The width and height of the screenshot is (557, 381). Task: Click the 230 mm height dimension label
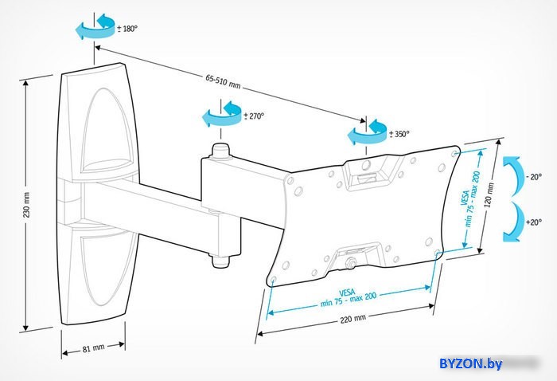(x=27, y=205)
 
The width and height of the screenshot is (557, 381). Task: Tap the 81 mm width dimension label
(x=93, y=348)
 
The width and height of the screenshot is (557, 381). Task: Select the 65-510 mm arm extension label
(x=223, y=81)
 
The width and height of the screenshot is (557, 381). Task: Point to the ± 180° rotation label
(x=127, y=29)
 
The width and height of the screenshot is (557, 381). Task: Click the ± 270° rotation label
(x=254, y=116)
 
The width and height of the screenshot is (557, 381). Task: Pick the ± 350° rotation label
(x=399, y=134)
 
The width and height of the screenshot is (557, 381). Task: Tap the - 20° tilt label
(x=534, y=177)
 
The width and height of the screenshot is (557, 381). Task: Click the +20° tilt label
(x=534, y=222)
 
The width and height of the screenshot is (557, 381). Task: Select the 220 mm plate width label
(x=353, y=319)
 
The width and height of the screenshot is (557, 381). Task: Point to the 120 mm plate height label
(x=489, y=195)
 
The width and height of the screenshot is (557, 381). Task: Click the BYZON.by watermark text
(x=471, y=364)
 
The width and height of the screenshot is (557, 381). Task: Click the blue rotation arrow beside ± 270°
(x=222, y=114)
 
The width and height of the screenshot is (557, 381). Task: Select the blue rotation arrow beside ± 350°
(x=367, y=132)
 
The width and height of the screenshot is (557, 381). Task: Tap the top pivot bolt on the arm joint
(x=220, y=151)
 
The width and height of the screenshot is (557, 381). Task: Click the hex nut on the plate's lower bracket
(x=350, y=264)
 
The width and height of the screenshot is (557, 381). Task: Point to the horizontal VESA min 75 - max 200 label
(x=348, y=298)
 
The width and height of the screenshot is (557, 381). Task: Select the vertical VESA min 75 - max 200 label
(x=470, y=199)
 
